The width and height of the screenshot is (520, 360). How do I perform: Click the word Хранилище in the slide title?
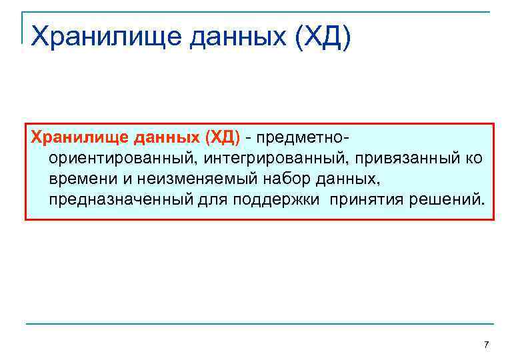(105, 37)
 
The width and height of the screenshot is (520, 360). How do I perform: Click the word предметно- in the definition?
(305, 138)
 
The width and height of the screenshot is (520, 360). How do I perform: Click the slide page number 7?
(486, 345)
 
